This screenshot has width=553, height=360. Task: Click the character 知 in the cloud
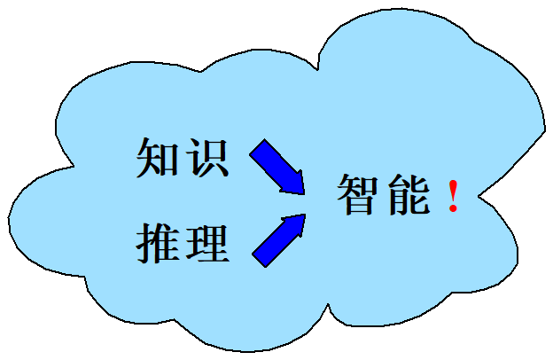[156, 159]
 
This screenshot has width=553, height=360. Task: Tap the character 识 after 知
[209, 159]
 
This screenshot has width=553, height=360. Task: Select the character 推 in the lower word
[156, 242]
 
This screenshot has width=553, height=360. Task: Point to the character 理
[209, 242]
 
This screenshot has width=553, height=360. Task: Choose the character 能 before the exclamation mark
[409, 194]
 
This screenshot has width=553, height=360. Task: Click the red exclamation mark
[454, 194]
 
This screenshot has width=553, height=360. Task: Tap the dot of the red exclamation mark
[454, 210]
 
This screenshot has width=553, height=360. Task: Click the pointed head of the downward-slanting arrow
[300, 189]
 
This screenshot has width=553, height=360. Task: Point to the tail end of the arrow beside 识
[257, 147]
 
